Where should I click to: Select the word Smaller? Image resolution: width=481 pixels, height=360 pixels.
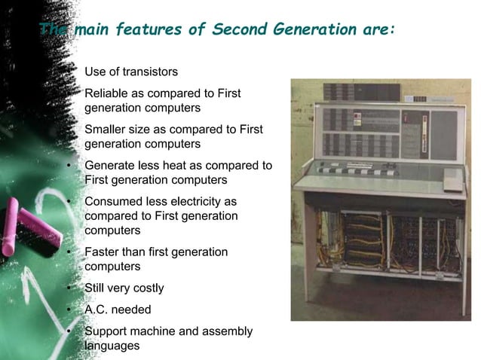(x=106, y=130)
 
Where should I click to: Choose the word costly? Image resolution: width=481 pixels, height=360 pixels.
(x=146, y=288)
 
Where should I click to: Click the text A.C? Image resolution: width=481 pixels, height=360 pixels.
(x=98, y=310)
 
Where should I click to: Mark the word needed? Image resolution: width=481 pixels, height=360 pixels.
(x=133, y=310)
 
